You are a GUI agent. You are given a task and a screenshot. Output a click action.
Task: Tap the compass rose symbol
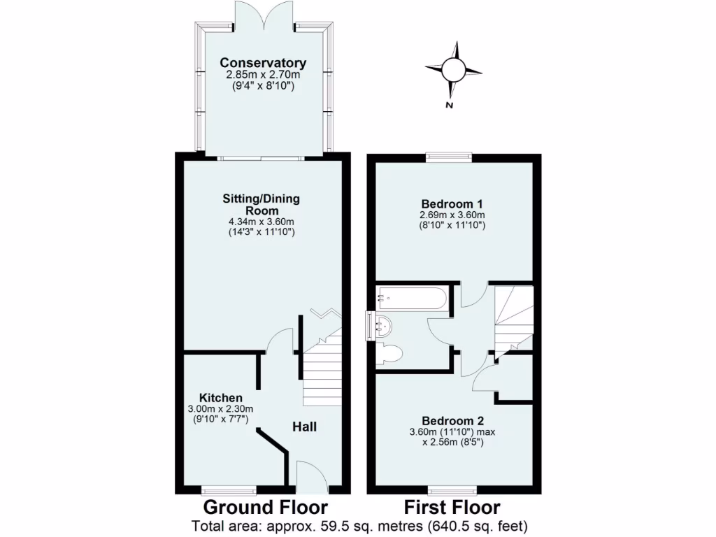point(453,69)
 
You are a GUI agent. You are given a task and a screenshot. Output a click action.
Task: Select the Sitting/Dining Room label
point(261,204)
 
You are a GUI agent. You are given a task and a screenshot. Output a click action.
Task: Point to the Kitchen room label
point(220,398)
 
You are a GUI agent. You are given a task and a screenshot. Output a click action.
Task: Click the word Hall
point(304,427)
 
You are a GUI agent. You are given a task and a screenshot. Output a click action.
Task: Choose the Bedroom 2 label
point(452,421)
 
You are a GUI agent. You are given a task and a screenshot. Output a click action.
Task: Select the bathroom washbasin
point(382,325)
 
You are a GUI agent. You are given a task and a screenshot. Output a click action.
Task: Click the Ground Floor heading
point(265,507)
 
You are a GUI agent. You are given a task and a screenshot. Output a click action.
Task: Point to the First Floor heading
point(452,507)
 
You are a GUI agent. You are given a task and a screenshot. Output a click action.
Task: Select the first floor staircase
point(513,318)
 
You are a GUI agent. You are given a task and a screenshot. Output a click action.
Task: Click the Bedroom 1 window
point(450,157)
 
